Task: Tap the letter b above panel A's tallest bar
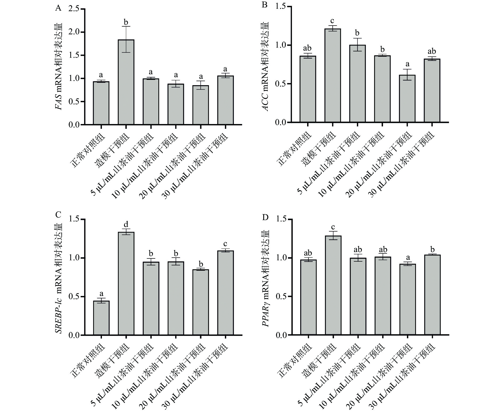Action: pos(126,22)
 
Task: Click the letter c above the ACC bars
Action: pos(332,21)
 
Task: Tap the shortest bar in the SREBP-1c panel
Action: pos(101,318)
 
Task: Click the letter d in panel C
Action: pos(126,224)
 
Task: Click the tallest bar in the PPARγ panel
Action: pos(333,285)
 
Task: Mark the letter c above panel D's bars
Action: pos(333,227)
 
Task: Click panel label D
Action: pos(265,217)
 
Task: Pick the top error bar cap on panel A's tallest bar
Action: pos(126,26)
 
